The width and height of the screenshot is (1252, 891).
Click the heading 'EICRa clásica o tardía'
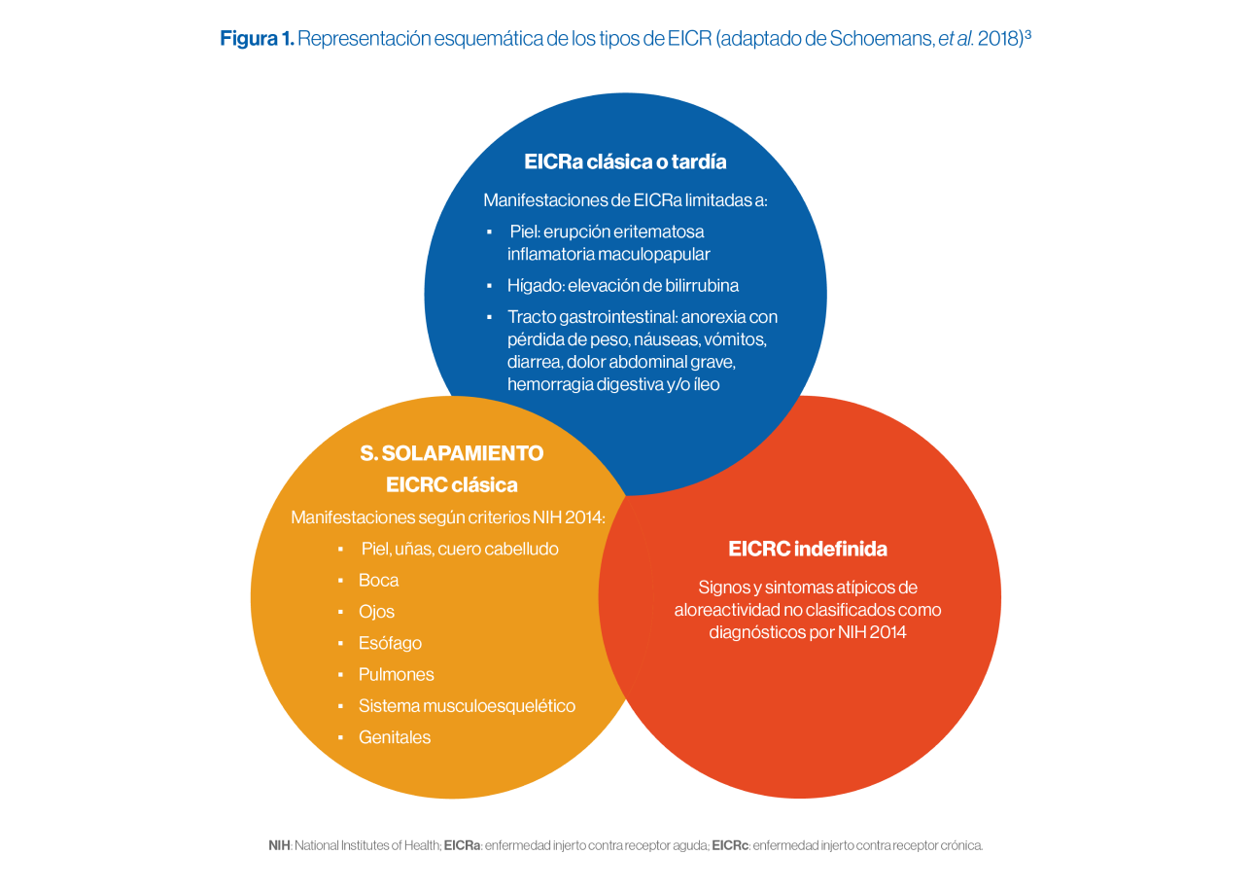coord(625,161)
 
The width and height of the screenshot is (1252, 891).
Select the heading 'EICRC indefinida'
coord(808,549)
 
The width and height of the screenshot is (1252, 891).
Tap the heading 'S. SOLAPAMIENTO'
coord(451,453)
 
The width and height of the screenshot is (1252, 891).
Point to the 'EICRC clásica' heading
coord(451,484)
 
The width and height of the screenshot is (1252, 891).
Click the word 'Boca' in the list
coord(378,581)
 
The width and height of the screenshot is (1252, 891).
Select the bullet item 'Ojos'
coord(376,612)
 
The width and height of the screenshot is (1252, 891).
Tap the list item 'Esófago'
coord(390,643)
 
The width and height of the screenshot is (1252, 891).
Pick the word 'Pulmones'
coord(396,674)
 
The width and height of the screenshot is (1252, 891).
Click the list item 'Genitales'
coord(394,737)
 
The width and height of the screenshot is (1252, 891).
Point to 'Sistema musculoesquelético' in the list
coord(467,706)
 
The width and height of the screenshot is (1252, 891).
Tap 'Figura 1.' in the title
coord(257,39)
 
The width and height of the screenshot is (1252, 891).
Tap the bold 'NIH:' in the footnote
coord(280,845)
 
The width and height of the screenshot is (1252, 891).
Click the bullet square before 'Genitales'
coord(340,737)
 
